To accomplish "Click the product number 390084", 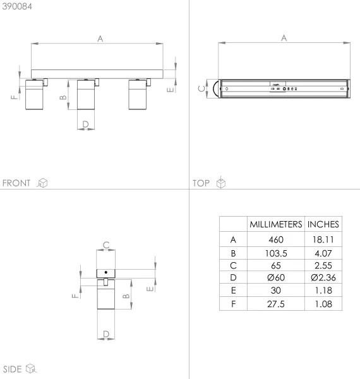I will tap(18, 6).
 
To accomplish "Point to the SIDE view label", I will tap(13, 368).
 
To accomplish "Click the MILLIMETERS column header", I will tap(275, 224).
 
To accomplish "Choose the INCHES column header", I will tap(323, 224).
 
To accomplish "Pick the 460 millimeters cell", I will tap(275, 240).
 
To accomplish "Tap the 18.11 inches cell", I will tap(323, 240).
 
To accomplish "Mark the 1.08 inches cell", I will tap(323, 304).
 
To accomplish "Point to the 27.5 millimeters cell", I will tap(275, 304).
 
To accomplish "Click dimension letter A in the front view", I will tap(100, 38).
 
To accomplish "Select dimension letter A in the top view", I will tap(284, 37).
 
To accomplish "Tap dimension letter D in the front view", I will tap(85, 124).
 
